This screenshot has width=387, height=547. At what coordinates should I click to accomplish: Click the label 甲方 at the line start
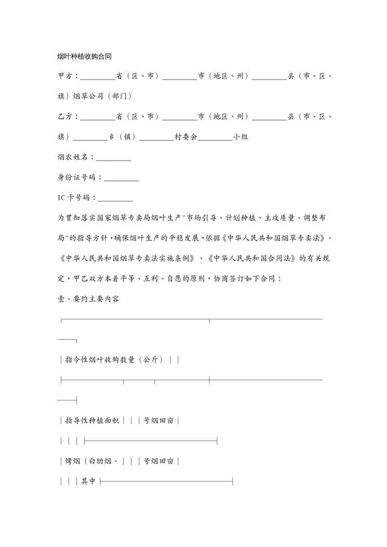[x=66, y=76]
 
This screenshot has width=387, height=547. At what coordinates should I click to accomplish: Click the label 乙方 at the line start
[x=66, y=116]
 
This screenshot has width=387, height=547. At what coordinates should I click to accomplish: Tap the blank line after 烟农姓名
[x=113, y=158]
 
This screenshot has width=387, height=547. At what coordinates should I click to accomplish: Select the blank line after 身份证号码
[x=122, y=178]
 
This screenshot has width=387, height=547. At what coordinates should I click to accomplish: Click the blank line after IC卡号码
[x=115, y=198]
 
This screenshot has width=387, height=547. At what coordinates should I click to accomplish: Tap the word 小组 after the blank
[x=240, y=137]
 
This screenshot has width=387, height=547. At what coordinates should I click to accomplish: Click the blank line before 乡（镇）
[x=90, y=137]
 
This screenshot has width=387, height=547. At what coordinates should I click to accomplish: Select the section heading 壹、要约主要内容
[x=88, y=299]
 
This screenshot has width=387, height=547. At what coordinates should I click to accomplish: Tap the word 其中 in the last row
[x=88, y=481]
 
